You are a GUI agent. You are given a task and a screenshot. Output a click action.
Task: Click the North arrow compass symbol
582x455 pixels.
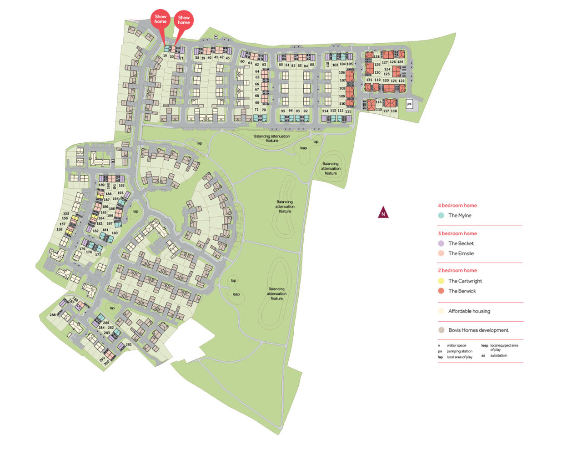383,212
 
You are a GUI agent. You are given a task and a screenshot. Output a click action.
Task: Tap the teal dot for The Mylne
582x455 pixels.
441,216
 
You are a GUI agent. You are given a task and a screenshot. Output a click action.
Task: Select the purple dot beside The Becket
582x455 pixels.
441,243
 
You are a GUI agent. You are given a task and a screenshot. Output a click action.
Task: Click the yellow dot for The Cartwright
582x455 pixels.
441,281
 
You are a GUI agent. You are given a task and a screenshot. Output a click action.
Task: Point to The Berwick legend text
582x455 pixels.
462,291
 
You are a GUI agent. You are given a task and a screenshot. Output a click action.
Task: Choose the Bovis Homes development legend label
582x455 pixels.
478,330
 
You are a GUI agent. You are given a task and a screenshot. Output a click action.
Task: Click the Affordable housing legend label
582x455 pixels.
469,311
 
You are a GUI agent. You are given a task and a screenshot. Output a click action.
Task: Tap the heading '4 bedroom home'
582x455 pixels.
457,206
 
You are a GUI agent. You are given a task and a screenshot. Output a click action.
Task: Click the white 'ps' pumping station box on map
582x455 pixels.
409,104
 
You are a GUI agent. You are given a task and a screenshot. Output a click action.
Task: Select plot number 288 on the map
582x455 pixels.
53,315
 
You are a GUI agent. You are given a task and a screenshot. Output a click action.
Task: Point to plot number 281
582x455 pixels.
129,344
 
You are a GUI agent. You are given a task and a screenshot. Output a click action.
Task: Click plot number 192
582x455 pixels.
121,186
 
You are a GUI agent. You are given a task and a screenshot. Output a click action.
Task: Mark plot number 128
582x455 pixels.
376,57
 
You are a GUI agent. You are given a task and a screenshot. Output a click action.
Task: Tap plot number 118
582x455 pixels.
394,111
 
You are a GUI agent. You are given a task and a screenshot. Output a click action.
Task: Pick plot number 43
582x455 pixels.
228,58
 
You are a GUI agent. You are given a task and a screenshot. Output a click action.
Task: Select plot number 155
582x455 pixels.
66,213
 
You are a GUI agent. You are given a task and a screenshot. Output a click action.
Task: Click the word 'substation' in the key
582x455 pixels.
498,355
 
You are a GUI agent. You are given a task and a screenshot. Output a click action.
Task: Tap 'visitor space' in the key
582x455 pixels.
456,346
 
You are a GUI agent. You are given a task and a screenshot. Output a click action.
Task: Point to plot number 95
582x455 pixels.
283,111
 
